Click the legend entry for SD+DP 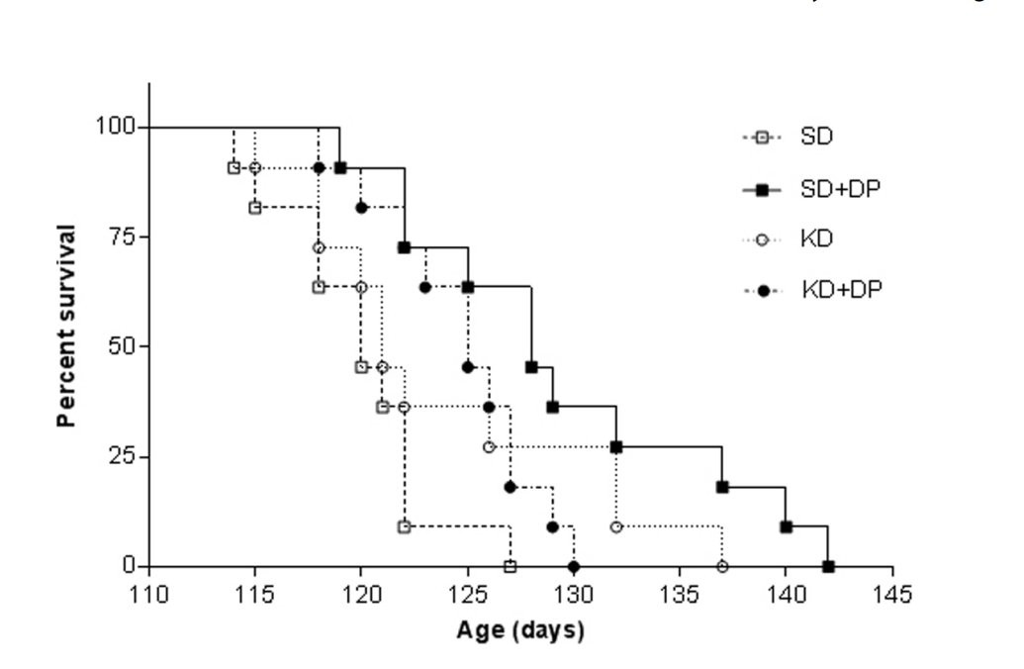840,188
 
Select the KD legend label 817,239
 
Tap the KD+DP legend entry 841,289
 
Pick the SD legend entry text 817,137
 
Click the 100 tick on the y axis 115,127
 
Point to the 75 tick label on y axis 121,237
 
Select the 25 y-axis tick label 121,456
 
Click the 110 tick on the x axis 149,594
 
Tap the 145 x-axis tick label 892,594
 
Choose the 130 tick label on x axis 574,594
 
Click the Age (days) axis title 520,630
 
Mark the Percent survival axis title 66,325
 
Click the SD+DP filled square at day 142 828,567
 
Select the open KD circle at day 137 722,566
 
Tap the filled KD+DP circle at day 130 574,566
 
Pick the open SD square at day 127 511,566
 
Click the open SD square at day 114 233,167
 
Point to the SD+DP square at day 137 722,487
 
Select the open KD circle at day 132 616,526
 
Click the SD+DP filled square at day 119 340,167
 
